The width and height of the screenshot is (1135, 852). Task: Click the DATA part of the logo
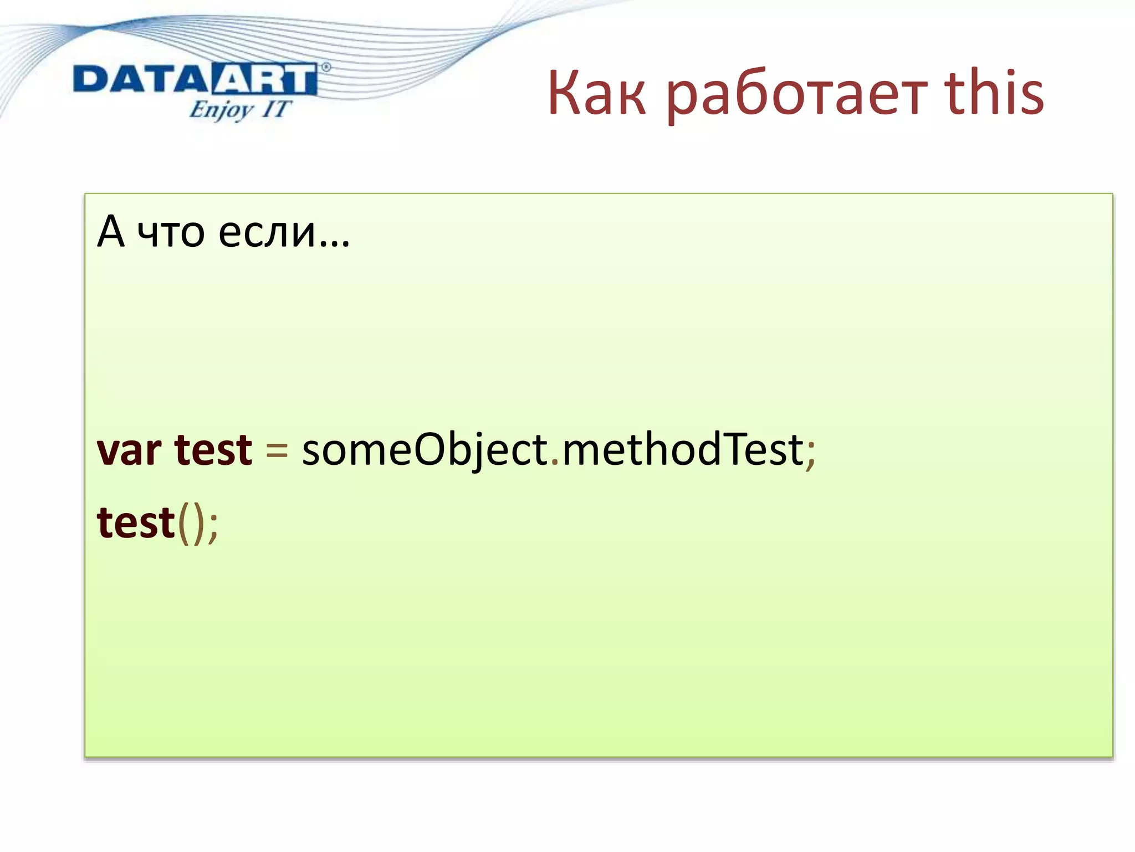pos(140,79)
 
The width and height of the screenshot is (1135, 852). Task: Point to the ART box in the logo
pos(263,79)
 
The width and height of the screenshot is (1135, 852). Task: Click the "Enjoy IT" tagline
pos(239,109)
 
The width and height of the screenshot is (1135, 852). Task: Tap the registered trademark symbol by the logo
pos(326,68)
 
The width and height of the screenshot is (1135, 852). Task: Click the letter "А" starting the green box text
pos(110,231)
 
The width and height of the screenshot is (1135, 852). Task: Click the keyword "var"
pos(129,450)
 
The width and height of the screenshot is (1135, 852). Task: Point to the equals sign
pos(277,450)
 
